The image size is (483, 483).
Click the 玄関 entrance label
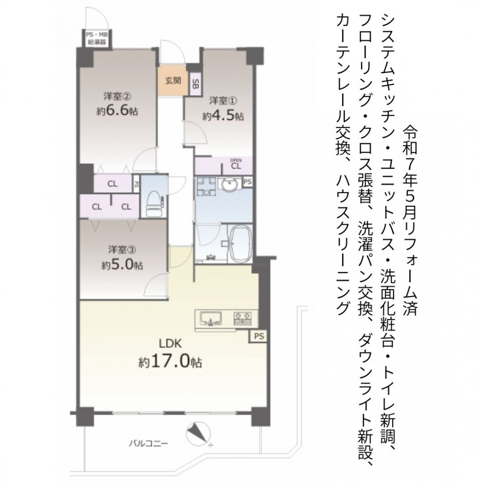173,81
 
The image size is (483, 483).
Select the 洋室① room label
223,101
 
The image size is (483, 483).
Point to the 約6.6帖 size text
117,111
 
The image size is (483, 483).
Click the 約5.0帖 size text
122,265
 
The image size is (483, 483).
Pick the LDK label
170,343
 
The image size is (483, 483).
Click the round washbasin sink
229,184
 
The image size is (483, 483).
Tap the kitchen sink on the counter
211,318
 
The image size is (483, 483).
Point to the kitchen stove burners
243,318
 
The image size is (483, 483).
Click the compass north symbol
199,434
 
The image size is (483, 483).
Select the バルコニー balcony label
148,443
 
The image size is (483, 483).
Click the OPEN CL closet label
236,165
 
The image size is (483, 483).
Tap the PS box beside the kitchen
258,336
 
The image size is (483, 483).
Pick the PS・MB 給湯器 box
97,38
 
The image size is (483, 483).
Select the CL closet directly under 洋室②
113,184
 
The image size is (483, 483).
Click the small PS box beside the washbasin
248,182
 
